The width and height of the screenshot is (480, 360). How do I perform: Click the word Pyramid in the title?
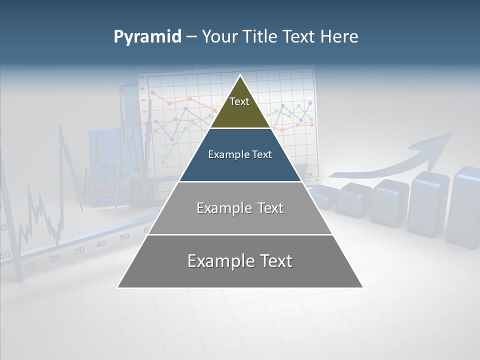147,37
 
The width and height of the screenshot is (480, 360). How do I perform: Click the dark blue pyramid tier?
240,155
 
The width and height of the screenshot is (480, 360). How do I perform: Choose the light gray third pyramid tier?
240,208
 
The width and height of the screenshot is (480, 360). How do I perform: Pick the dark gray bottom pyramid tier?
240,261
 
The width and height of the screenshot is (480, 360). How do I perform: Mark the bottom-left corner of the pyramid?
118,287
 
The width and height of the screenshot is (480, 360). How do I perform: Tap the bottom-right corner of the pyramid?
362,287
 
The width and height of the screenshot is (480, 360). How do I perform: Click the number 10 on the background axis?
29,265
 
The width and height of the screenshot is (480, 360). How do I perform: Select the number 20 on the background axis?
55,257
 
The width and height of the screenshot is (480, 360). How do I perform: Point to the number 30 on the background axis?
79,250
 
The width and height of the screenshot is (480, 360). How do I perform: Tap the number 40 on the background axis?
101,243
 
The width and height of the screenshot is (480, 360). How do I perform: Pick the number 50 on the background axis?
124,236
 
